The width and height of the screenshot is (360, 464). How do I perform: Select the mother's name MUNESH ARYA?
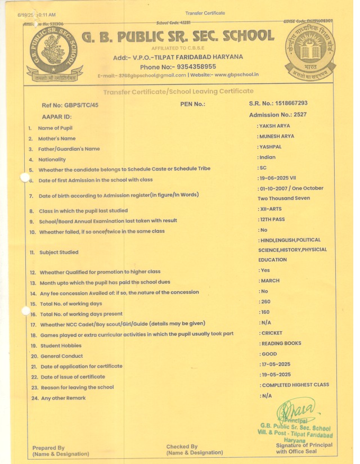pos(277,136)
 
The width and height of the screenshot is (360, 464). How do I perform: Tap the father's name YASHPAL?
pos(271,147)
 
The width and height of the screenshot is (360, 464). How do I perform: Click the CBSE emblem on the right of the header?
pos(309,52)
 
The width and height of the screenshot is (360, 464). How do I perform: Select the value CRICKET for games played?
pos(272,334)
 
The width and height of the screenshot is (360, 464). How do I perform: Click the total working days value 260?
pos(265,302)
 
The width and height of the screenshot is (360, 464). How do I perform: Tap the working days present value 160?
pos(265,312)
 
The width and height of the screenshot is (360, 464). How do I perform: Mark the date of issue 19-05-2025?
pos(276,374)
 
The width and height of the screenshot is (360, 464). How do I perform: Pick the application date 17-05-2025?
pos(276,364)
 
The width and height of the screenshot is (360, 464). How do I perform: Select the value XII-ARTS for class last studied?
pos(272,209)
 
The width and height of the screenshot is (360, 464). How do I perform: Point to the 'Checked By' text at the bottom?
pos(182,447)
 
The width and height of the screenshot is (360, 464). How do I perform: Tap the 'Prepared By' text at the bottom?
pos(48,448)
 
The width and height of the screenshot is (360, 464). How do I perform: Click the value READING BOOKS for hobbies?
pos(281,343)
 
